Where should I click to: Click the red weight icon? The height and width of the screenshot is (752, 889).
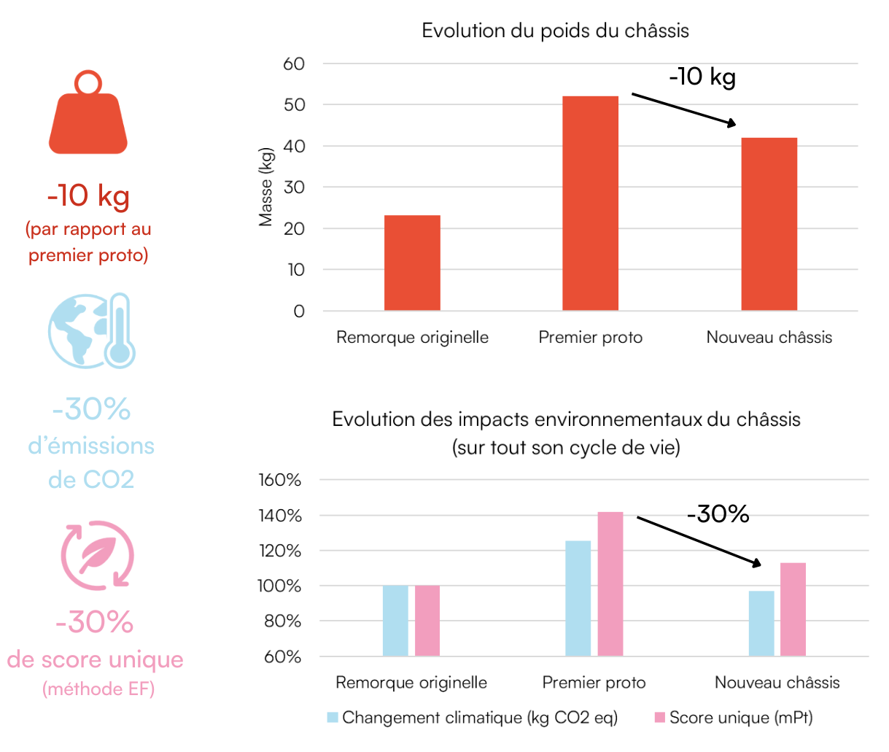click(88, 115)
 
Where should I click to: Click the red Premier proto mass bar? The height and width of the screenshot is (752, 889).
click(590, 203)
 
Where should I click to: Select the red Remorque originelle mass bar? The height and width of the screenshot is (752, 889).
click(412, 263)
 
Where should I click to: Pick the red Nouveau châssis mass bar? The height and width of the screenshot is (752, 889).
click(769, 224)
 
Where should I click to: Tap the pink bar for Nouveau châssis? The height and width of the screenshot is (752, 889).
click(793, 609)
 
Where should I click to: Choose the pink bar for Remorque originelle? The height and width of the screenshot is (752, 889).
click(427, 621)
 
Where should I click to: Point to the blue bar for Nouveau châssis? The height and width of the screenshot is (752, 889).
click(761, 623)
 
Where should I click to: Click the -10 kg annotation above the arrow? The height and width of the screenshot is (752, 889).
click(702, 77)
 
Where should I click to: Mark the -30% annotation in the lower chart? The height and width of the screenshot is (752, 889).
click(718, 514)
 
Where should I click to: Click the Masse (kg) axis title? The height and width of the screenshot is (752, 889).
click(265, 187)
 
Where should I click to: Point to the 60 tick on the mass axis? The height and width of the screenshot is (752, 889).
click(294, 64)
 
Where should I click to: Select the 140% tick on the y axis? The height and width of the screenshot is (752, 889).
click(279, 516)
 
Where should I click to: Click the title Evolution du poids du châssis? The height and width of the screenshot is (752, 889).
click(555, 31)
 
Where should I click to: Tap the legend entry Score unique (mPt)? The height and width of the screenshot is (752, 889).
click(733, 718)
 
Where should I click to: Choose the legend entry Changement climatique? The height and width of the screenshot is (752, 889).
click(472, 718)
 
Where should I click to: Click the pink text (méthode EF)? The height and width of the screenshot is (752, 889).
click(98, 689)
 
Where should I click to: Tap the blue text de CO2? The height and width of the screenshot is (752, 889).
click(91, 479)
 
